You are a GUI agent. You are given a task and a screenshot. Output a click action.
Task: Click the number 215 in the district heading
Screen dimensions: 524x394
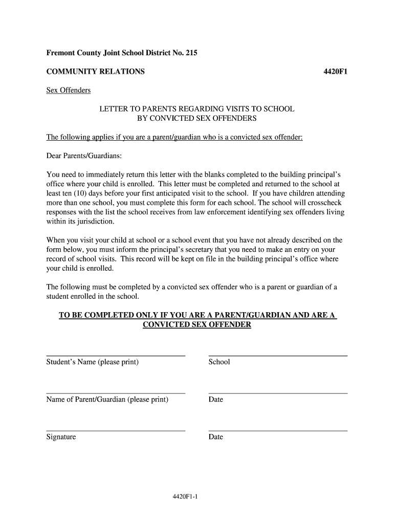pos(190,53)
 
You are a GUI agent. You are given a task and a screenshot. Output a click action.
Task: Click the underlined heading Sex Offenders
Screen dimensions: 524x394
pos(69,91)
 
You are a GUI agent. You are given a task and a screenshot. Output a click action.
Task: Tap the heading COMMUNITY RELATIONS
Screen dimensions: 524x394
pos(95,72)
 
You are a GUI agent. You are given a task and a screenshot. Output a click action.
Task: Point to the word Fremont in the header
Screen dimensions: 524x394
pos(60,53)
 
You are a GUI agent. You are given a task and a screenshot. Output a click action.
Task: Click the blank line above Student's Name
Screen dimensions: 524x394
pos(116,355)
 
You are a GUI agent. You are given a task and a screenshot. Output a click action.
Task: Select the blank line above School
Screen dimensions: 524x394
pos(278,355)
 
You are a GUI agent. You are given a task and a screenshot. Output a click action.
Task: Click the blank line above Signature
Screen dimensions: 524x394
pos(116,430)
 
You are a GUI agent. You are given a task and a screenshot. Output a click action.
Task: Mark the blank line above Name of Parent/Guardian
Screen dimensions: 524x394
pos(116,392)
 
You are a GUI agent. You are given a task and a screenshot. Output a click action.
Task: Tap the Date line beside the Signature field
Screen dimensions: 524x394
pos(278,430)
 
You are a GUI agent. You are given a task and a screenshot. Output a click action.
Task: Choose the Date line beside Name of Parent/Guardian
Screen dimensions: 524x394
pos(278,392)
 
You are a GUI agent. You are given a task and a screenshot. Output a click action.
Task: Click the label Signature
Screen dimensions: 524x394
pos(61,437)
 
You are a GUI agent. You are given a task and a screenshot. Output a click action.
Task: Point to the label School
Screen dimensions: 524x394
pos(219,362)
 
